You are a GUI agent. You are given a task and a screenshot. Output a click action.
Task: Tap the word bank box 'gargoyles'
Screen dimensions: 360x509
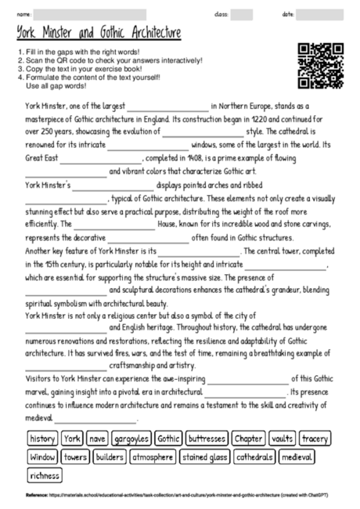[x=131, y=439]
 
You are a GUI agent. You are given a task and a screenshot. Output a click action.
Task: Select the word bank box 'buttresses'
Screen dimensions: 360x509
[x=207, y=439]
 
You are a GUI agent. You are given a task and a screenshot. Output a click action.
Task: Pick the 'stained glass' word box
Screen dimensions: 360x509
[x=204, y=457]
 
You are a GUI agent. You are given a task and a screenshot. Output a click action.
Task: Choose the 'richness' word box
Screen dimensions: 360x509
[x=44, y=475]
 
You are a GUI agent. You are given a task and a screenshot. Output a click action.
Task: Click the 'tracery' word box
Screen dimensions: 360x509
[x=315, y=439]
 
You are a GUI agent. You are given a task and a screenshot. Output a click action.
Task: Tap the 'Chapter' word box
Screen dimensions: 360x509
[x=248, y=439]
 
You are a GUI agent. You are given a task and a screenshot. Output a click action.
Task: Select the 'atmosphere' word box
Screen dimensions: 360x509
[x=153, y=457]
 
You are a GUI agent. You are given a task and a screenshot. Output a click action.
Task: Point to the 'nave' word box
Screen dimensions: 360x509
[x=97, y=439]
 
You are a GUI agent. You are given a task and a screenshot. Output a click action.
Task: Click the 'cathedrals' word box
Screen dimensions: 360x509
[x=254, y=457]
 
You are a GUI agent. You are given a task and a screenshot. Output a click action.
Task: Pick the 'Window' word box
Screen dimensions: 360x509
[x=42, y=457]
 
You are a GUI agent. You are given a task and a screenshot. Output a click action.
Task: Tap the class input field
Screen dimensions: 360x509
[x=242, y=14]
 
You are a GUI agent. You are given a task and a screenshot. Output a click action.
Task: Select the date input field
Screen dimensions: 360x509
[x=319, y=14]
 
